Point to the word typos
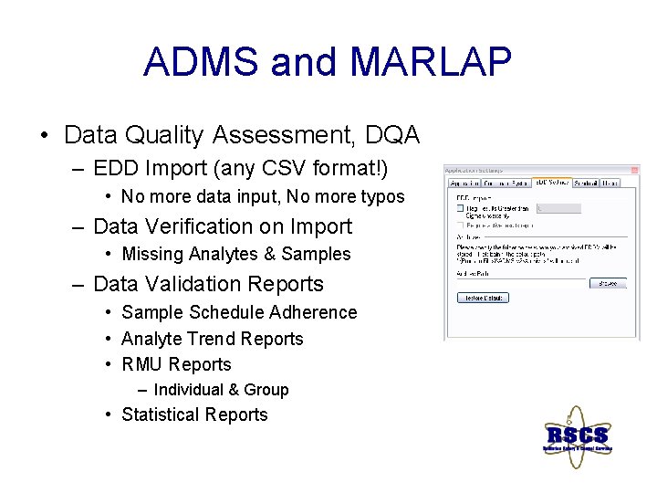click(381, 196)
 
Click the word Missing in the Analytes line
click(151, 254)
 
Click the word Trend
click(214, 339)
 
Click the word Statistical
click(162, 414)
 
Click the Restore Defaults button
click(482, 298)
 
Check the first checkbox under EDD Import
click(460, 207)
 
